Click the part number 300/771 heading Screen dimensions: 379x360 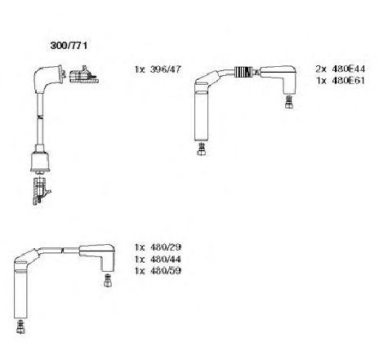[69, 46]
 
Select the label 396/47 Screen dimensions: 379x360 [165, 69]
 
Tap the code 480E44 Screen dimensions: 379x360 [348, 69]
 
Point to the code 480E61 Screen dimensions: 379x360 [348, 81]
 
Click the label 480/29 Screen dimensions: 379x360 [166, 247]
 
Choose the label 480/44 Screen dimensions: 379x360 [166, 260]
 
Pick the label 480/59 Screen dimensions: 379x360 [166, 271]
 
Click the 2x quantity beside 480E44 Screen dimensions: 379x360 [321, 69]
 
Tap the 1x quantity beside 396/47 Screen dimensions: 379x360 [140, 69]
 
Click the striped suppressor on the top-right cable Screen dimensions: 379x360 [244, 72]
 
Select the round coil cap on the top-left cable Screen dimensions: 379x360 [40, 162]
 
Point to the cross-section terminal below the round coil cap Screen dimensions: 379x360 [41, 191]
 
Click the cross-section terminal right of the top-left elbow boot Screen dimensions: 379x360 [83, 74]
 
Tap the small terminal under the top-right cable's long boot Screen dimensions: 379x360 [201, 149]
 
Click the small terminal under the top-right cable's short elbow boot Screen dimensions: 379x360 [289, 102]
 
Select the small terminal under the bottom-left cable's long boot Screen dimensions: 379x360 [20, 327]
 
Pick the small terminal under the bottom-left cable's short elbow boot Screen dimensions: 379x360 [108, 280]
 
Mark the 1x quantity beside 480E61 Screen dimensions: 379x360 [321, 81]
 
